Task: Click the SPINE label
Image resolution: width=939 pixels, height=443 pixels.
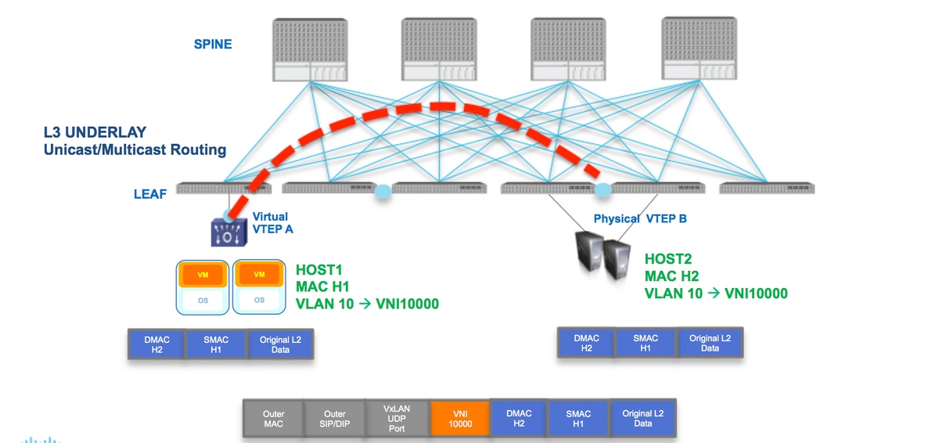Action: click(x=213, y=44)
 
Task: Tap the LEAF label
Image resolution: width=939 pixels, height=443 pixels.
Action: click(x=150, y=193)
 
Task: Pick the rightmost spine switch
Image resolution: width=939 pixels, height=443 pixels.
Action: click(x=699, y=49)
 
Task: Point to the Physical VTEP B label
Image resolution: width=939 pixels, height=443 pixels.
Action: click(x=640, y=218)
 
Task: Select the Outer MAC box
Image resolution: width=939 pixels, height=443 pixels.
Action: click(x=273, y=419)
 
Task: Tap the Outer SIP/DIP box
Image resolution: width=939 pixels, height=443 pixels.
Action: click(x=335, y=419)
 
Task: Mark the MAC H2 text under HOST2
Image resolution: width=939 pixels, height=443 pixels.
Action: click(x=671, y=276)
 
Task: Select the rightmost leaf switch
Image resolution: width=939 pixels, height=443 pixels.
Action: click(x=767, y=188)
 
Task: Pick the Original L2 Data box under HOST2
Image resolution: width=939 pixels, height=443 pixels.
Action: click(x=710, y=343)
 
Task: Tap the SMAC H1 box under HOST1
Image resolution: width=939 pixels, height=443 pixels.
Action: click(x=216, y=344)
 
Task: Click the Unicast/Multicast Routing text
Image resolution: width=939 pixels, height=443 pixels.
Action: click(x=135, y=149)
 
